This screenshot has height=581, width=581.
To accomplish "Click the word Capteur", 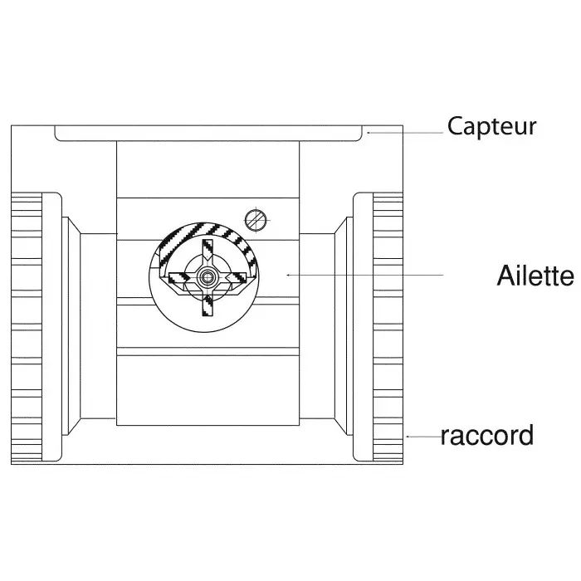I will (492, 127).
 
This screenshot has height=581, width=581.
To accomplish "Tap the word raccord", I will (486, 435).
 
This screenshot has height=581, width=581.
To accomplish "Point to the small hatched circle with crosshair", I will (256, 219).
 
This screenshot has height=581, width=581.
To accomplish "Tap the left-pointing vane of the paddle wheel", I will (181, 275).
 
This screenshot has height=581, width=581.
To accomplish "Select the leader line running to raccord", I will (423, 435).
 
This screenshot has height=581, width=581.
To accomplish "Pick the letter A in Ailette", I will (506, 276).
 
